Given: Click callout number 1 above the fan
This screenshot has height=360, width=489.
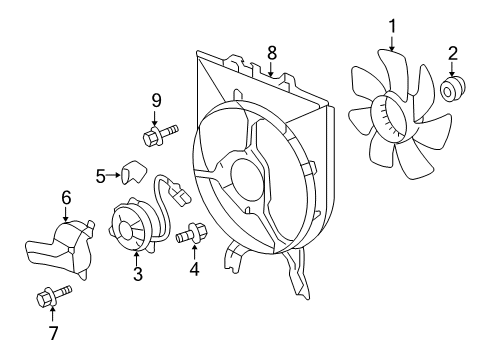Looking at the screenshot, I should pos(392,25).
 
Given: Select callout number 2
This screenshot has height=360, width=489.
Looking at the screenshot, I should pos(452,53).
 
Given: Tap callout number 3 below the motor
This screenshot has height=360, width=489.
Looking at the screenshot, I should pos(138,273).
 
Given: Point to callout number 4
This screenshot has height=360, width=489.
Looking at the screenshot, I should pos(194,267).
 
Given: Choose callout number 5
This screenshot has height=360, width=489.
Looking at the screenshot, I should pos(101,177).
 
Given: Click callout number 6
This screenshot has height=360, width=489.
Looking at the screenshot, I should pos(66,197).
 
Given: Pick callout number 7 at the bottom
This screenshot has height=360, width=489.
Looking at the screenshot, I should pos(53,332).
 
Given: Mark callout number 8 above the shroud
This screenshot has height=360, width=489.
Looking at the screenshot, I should pos(272,52).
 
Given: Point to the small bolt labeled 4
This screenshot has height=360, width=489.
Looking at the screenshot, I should pos(191,237).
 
